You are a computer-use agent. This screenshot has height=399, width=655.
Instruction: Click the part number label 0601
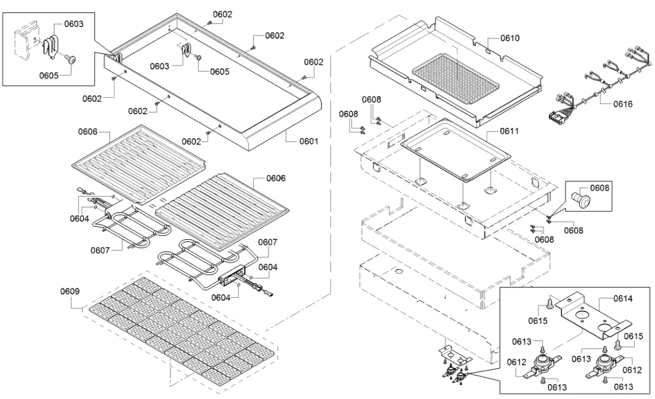point(308,141)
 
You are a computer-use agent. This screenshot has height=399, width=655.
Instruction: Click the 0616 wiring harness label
point(622,104)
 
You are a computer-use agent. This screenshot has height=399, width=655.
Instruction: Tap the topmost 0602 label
point(222,14)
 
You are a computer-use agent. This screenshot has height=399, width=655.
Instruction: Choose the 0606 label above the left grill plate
point(86,131)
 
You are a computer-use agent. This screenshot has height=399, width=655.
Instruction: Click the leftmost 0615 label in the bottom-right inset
point(537,321)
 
